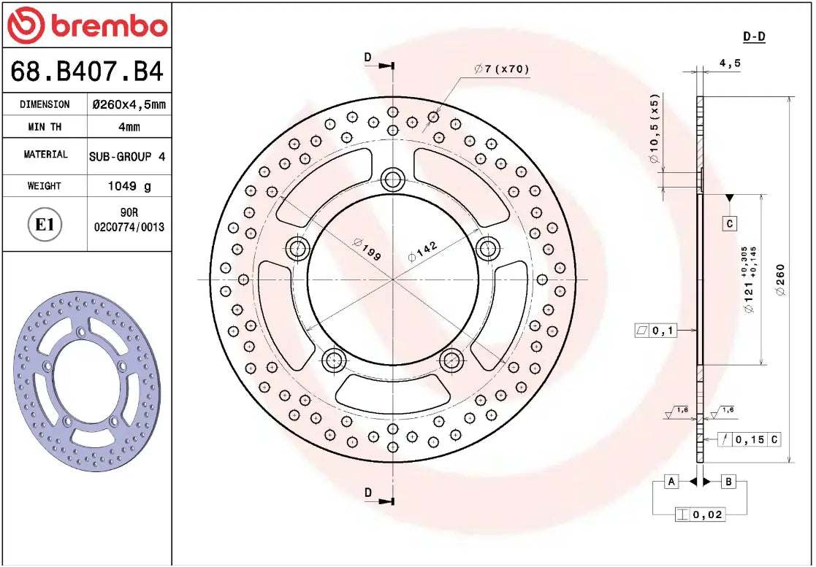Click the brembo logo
[87, 26]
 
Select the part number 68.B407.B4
[87, 72]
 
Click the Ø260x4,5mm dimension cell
[129, 104]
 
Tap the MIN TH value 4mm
[129, 127]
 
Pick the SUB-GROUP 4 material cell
[129, 156]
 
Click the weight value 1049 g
[129, 186]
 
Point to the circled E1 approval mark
[45, 224]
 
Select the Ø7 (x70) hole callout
[501, 69]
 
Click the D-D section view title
[754, 36]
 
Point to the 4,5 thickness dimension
[730, 63]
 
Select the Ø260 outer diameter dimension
[780, 279]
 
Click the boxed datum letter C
[729, 223]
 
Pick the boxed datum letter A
[671, 481]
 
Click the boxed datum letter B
[728, 481]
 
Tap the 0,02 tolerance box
[700, 514]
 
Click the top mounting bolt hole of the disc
[393, 178]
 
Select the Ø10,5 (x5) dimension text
[655, 128]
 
